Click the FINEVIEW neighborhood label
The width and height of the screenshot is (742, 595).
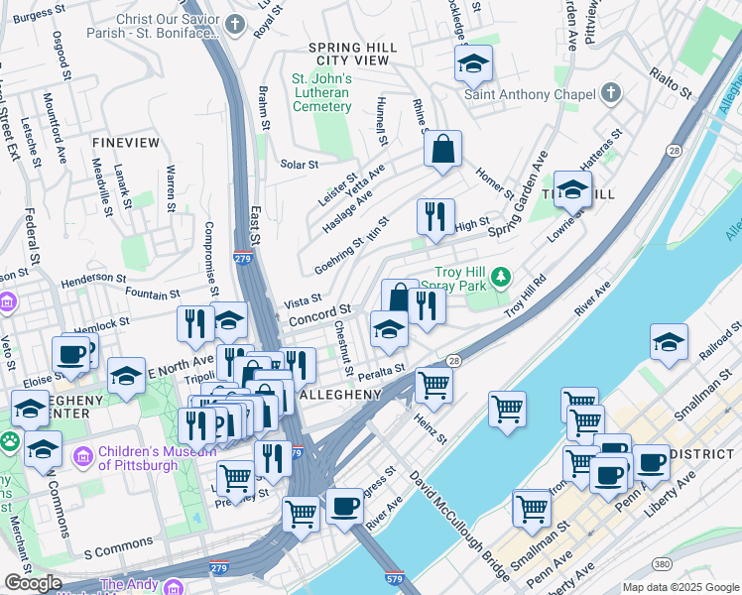point(125,143)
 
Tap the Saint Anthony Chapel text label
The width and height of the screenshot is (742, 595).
point(533,95)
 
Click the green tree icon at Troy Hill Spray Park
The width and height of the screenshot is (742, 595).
point(503,274)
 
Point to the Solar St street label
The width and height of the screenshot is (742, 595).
point(299,164)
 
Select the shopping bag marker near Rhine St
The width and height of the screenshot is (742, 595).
point(442,150)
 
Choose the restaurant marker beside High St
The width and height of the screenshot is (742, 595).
point(434,217)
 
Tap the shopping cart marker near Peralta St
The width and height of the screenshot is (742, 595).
point(433,383)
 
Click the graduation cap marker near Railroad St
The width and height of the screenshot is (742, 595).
point(669,342)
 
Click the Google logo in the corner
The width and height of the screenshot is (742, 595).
point(33,583)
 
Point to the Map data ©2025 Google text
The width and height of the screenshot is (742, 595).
point(680,587)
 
